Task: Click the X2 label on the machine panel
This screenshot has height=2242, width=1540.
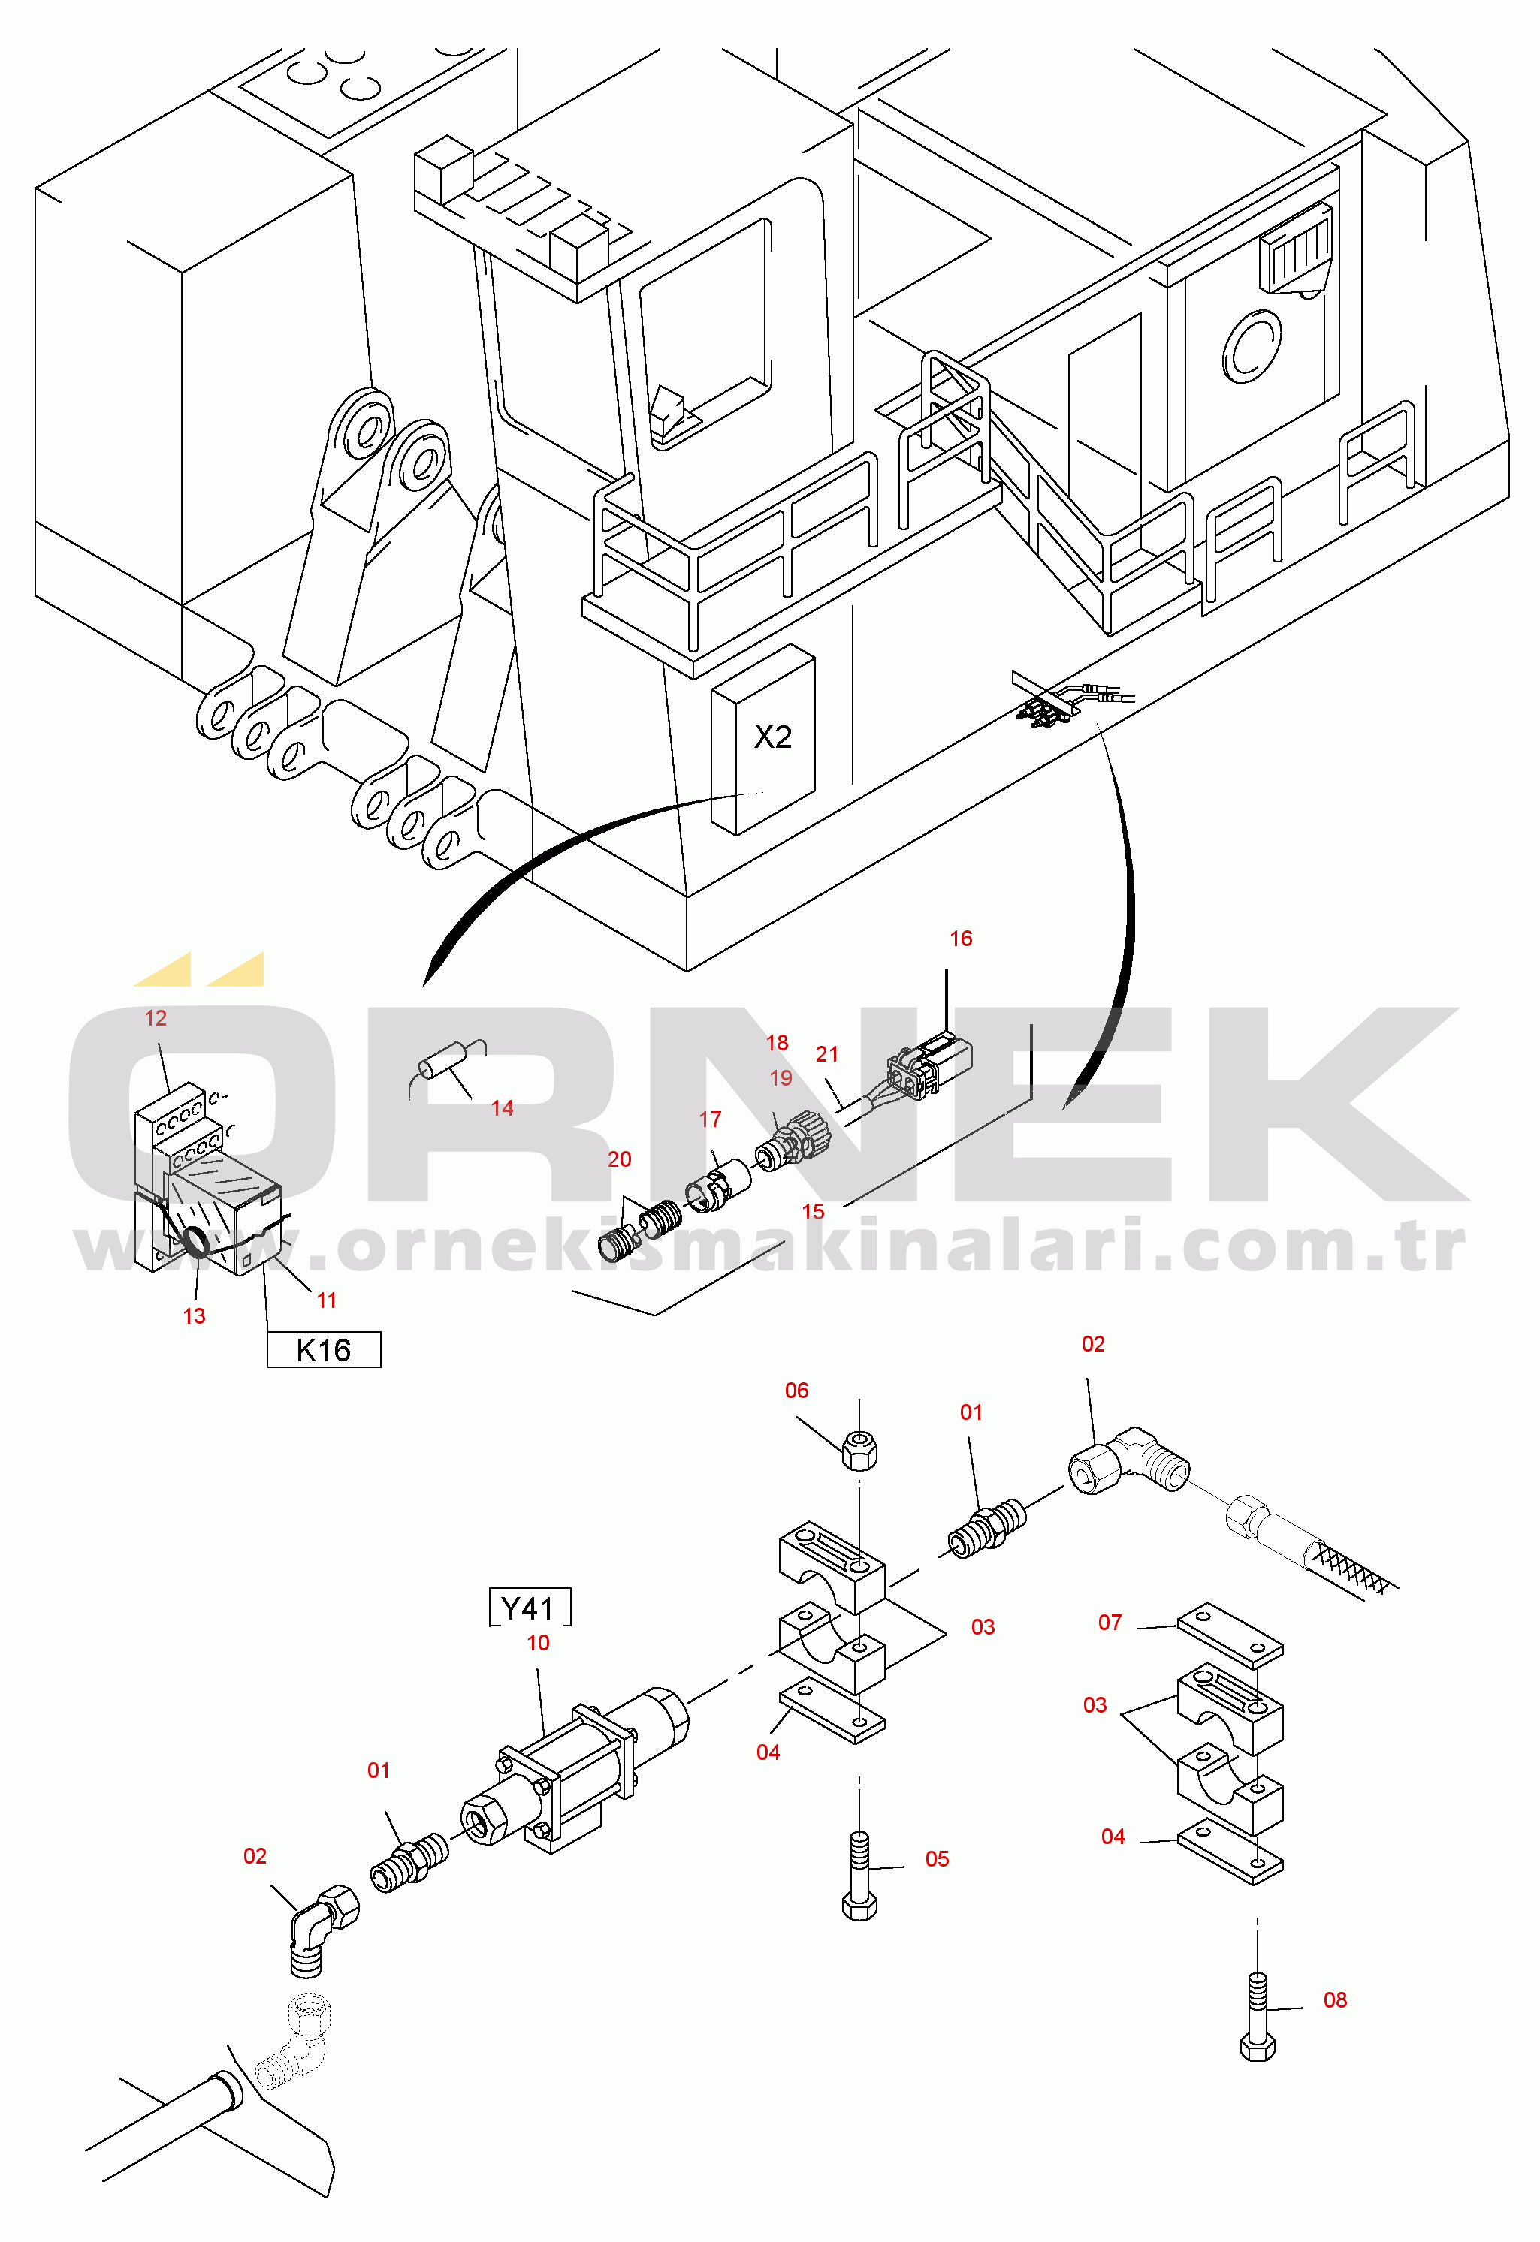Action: [772, 737]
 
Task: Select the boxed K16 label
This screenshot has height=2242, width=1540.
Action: [323, 1350]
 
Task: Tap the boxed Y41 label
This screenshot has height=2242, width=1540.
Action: [529, 1608]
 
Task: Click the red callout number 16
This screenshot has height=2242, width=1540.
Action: [960, 939]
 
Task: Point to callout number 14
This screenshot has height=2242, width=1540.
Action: [502, 1108]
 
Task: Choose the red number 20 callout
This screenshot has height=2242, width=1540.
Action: [620, 1159]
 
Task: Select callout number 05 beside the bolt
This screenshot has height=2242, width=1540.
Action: [937, 1859]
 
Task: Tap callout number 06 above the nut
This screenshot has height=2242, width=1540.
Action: [796, 1390]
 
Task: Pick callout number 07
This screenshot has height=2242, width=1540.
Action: [1110, 1623]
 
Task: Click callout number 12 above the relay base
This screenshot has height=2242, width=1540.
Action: [156, 1018]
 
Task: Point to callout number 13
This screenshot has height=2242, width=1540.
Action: [194, 1316]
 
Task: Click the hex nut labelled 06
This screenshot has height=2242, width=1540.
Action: [859, 1450]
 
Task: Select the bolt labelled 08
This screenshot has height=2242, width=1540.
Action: [1258, 2018]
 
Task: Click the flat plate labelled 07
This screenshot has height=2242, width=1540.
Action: [1229, 1636]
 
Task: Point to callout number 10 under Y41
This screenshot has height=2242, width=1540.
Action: [537, 1643]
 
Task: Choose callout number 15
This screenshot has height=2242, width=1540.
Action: [813, 1212]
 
